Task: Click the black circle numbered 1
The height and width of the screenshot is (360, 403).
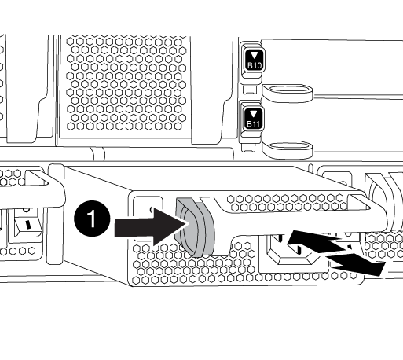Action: point(92,219)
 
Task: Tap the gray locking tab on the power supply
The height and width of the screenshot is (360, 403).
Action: point(195,227)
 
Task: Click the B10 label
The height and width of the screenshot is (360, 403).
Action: point(255,65)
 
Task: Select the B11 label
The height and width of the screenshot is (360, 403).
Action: point(254,123)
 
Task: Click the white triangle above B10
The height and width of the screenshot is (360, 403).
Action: point(255,55)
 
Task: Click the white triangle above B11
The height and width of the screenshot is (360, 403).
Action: point(254,114)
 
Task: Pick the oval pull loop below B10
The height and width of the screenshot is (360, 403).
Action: point(288,93)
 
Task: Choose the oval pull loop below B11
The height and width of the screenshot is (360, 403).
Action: point(288,149)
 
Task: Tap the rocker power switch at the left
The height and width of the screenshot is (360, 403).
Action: point(28,224)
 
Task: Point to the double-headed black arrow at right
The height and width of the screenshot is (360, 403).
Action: point(336,252)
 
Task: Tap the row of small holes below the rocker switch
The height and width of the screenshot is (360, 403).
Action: point(18,251)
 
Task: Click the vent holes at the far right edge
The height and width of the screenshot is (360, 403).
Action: point(383,246)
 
